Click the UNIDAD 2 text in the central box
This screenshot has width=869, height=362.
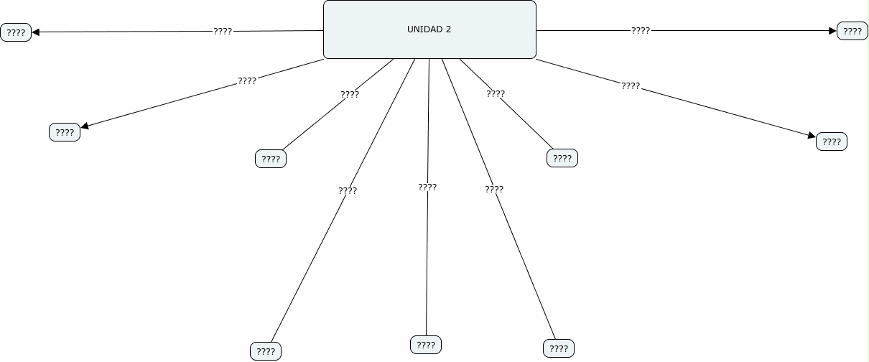click(429, 29)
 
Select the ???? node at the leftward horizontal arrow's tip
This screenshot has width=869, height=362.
click(16, 32)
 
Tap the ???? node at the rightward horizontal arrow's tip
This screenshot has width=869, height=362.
click(852, 31)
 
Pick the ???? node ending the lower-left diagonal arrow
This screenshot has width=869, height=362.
click(65, 132)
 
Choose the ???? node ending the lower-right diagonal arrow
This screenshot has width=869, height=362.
click(832, 141)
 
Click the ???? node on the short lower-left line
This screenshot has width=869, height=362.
click(271, 159)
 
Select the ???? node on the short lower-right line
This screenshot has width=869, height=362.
click(562, 158)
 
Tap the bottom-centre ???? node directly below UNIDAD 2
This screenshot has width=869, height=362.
click(426, 345)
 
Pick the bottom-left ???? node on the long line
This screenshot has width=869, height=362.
click(266, 351)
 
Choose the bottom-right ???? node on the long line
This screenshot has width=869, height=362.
click(559, 349)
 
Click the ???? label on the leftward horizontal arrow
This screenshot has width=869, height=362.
click(223, 32)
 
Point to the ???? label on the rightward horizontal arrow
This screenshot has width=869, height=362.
click(641, 31)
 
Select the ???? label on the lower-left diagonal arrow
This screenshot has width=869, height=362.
click(247, 81)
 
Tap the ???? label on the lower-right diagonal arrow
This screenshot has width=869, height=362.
click(631, 86)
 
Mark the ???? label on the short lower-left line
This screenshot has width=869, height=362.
click(350, 94)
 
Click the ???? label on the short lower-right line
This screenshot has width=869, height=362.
click(496, 93)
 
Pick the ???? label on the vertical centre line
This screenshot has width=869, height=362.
click(427, 187)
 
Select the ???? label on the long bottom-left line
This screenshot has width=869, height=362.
click(348, 191)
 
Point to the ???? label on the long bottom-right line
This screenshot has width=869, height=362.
click(494, 190)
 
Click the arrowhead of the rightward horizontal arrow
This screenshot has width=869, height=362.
click(832, 31)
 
